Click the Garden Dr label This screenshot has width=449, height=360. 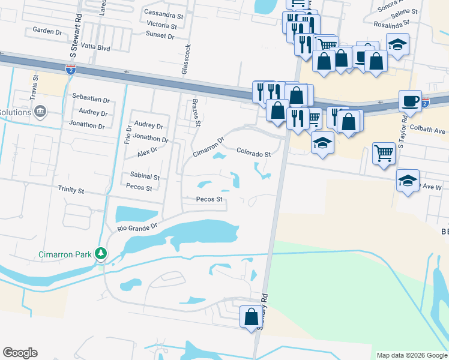(48, 30)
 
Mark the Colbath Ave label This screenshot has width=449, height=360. (432, 130)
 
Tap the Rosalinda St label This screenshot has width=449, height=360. (391, 25)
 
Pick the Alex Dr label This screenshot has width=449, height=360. (146, 153)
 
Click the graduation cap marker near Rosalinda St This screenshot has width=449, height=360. (397, 44)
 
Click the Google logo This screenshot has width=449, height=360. (20, 353)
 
